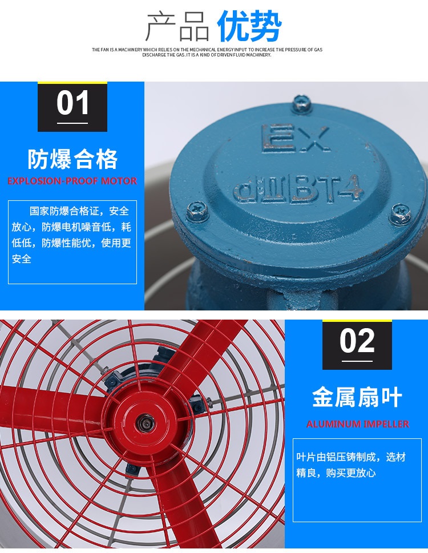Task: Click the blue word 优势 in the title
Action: [249, 26]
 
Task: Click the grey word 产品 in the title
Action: [178, 26]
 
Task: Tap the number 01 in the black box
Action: [72, 103]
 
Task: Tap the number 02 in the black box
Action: [357, 341]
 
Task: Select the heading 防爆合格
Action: [72, 159]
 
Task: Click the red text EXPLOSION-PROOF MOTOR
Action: [72, 181]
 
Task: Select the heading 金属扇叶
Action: [357, 397]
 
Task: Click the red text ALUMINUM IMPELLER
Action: [357, 424]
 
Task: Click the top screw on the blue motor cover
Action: [301, 104]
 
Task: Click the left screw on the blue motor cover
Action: [197, 210]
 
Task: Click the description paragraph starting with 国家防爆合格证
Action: [71, 235]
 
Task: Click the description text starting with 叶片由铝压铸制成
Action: [351, 465]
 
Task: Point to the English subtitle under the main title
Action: [207, 52]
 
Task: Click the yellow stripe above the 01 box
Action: [72, 83]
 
